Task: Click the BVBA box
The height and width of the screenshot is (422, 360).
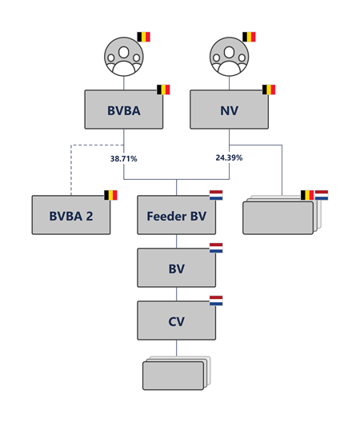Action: coord(124,109)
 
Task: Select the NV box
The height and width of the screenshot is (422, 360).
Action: coord(229,109)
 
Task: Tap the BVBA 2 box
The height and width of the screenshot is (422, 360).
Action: coord(71,215)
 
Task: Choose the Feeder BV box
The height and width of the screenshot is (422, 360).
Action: coord(177,215)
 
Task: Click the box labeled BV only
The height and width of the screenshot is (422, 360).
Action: coord(177,268)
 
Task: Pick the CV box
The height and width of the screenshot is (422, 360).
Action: coord(177,320)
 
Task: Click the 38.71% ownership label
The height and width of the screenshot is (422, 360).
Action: coord(124,159)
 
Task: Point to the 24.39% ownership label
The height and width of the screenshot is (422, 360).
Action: coord(229,157)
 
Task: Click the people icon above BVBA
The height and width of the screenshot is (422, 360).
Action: coord(124,57)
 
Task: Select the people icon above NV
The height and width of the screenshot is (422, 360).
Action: coord(229,57)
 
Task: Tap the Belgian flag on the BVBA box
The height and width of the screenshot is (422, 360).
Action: coord(163,90)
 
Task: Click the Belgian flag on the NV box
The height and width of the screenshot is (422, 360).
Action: coord(269,90)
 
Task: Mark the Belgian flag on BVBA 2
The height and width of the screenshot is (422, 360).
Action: coord(110,195)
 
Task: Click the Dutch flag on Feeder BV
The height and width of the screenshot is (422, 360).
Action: coord(216,195)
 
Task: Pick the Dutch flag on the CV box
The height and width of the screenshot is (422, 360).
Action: coord(216,301)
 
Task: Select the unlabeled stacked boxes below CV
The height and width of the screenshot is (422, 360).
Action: coord(177,373)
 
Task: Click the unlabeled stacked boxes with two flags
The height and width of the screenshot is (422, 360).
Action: coord(282,215)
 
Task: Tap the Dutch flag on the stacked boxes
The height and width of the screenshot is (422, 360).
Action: coord(322,195)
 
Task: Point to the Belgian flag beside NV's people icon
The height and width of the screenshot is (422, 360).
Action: coord(249,37)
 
